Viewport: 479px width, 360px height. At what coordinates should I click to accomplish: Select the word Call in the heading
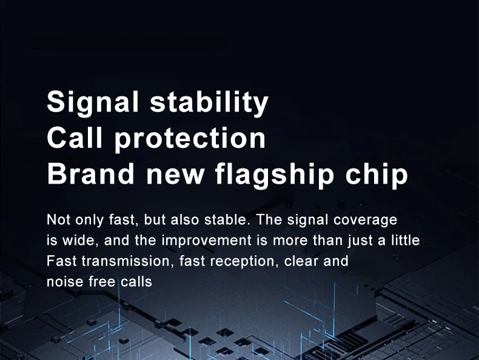pos(75,138)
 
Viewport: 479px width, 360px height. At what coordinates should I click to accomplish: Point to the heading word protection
pos(190,139)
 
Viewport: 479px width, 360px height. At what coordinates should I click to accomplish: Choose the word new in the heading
pos(175,176)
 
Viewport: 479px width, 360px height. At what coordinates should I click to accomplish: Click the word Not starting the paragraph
pos(59,219)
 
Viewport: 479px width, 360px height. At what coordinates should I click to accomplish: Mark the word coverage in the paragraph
pos(366,221)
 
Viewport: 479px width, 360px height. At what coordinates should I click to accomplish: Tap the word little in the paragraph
pos(406,240)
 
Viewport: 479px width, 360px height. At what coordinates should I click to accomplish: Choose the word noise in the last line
pos(65,282)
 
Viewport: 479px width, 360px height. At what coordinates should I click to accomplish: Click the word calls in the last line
pos(136,282)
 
